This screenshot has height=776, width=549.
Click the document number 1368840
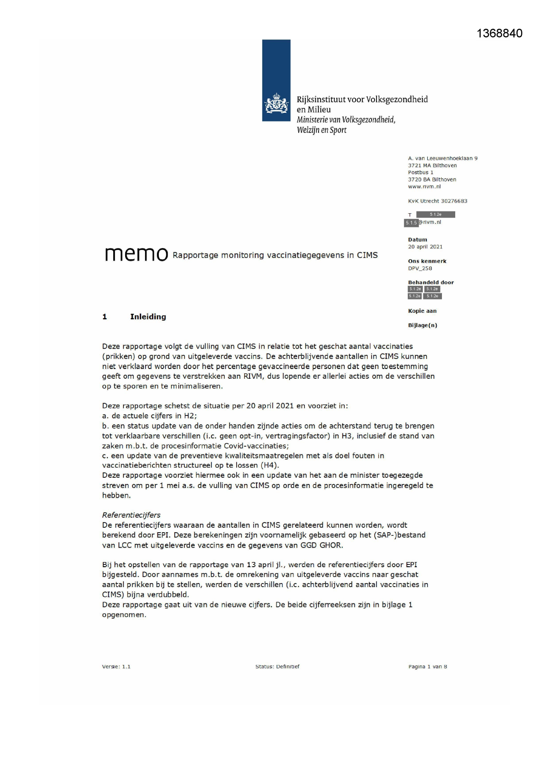pyautogui.click(x=499, y=34)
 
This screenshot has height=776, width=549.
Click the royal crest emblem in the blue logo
pyautogui.click(x=276, y=104)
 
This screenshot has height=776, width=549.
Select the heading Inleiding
pyautogui.click(x=148, y=317)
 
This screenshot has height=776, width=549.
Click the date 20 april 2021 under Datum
pyautogui.click(x=425, y=247)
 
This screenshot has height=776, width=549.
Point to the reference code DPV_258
pyautogui.click(x=420, y=268)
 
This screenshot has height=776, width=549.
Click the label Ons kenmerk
pyautogui.click(x=427, y=261)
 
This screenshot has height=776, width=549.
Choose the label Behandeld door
pyautogui.click(x=430, y=282)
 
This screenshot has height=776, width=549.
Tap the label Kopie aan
pyautogui.click(x=422, y=311)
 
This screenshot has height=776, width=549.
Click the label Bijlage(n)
pyautogui.click(x=422, y=325)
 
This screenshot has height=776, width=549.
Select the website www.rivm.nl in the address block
pyautogui.click(x=424, y=187)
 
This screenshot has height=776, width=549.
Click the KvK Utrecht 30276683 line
pyautogui.click(x=438, y=201)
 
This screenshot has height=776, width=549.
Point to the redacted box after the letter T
pyautogui.click(x=435, y=215)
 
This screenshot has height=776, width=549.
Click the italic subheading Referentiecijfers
pyautogui.click(x=131, y=515)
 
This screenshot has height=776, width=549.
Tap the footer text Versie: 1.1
pyautogui.click(x=116, y=667)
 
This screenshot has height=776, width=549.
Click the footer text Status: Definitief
pyautogui.click(x=277, y=667)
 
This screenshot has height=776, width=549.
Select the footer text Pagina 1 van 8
pyautogui.click(x=427, y=667)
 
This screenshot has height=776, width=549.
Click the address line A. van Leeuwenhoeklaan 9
pyautogui.click(x=442, y=158)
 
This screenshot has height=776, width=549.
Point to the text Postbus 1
pyautogui.click(x=420, y=173)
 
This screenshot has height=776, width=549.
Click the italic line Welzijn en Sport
pyautogui.click(x=322, y=130)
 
